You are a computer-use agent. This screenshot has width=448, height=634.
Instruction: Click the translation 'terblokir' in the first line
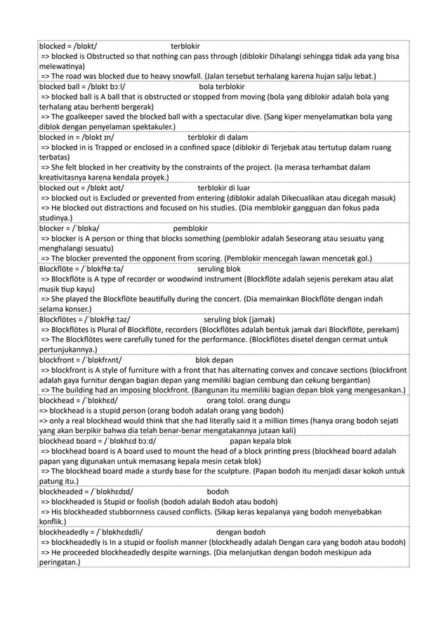(185, 46)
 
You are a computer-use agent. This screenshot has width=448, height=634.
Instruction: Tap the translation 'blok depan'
(214, 360)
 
